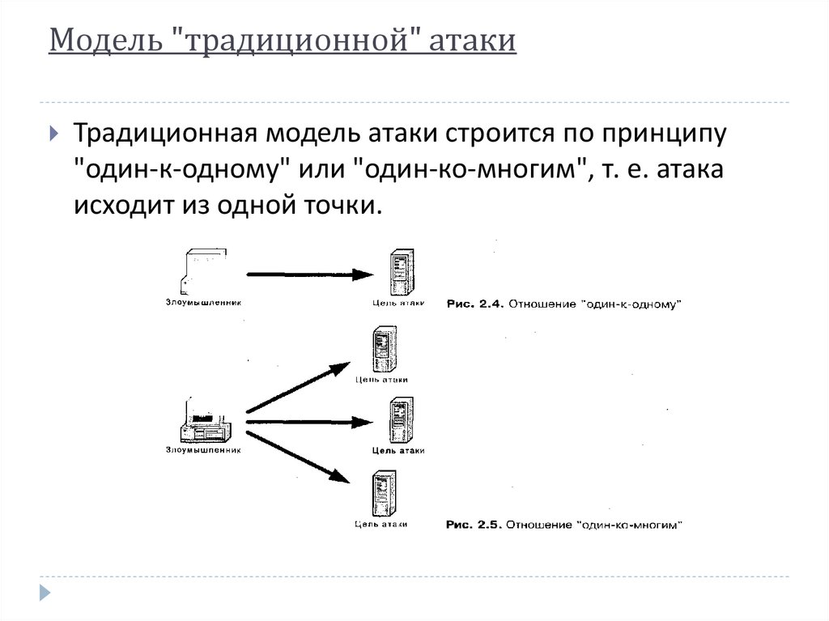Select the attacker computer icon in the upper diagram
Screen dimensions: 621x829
[203, 270]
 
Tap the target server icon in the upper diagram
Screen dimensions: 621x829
[397, 273]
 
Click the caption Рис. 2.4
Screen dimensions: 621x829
[476, 304]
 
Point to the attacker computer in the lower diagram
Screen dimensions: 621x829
[203, 421]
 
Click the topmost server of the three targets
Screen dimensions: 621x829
[380, 349]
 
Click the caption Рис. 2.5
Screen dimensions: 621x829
[476, 525]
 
